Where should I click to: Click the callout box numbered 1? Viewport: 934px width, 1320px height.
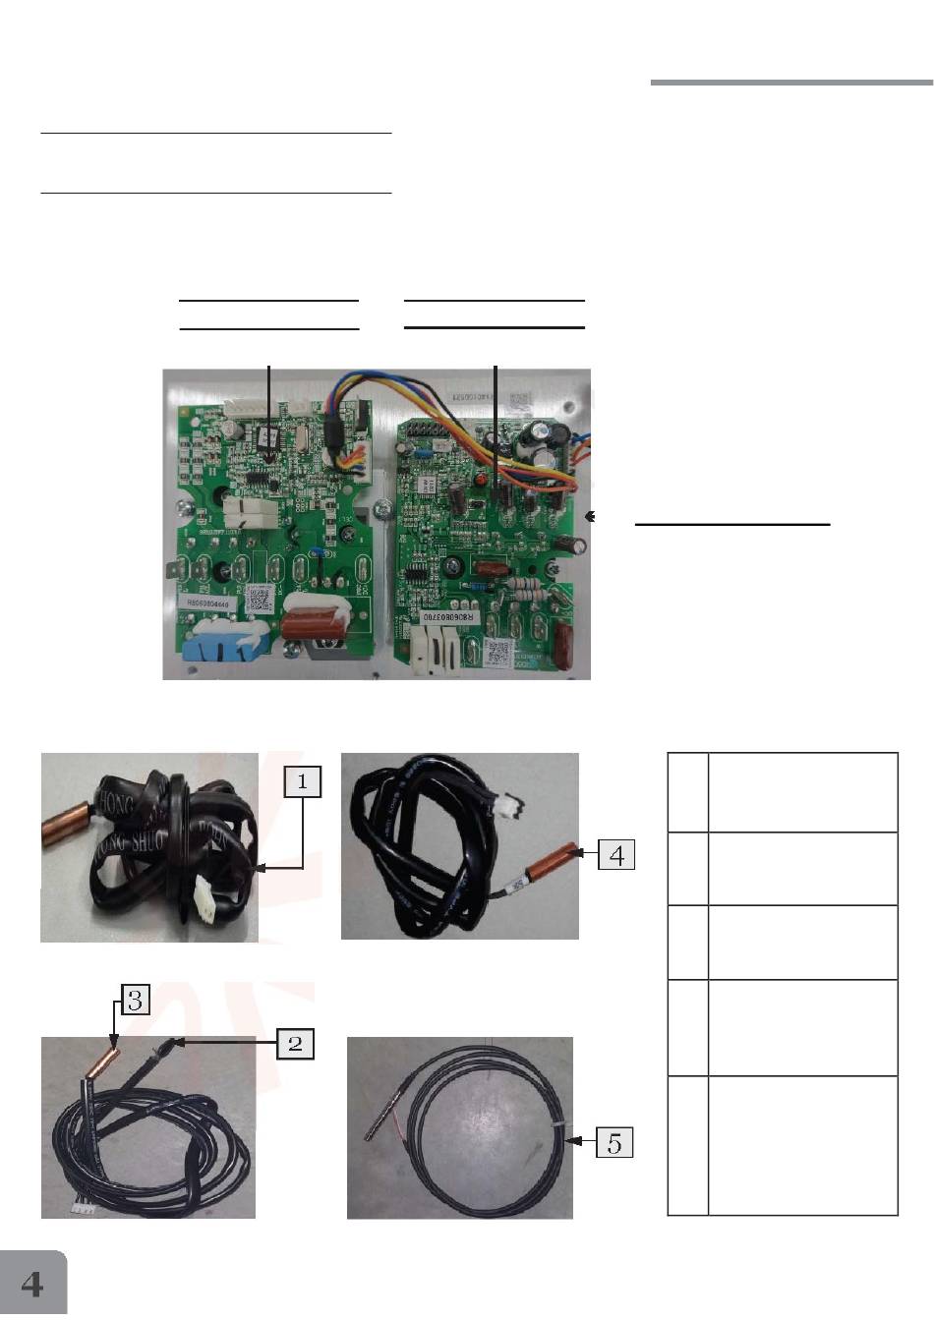pyautogui.click(x=303, y=780)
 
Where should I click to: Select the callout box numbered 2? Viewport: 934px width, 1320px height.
pyautogui.click(x=296, y=1043)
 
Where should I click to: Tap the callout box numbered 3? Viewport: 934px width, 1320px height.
pyautogui.click(x=137, y=1001)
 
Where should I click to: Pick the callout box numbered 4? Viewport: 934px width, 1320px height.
pyautogui.click(x=616, y=854)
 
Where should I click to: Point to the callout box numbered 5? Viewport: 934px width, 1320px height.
pyautogui.click(x=614, y=1142)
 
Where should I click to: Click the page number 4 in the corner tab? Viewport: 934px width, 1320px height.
pyautogui.click(x=32, y=1284)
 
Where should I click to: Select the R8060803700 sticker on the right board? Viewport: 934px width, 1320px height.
pyautogui.click(x=455, y=615)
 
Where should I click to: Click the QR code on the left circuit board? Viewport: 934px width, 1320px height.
pyautogui.click(x=259, y=598)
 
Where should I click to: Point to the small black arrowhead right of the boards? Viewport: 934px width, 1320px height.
pyautogui.click(x=590, y=514)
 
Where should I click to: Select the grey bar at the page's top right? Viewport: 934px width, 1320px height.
pyautogui.click(x=791, y=83)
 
